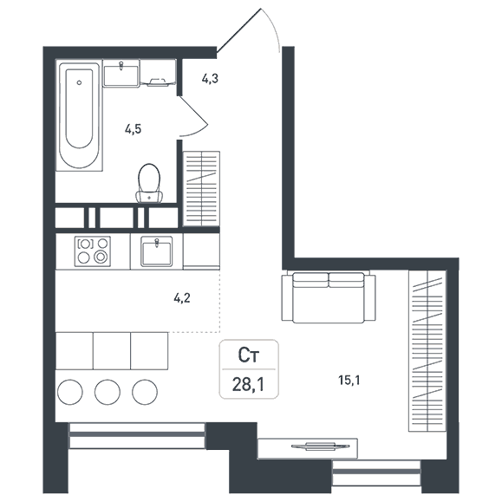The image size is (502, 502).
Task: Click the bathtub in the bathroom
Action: pos(80,115)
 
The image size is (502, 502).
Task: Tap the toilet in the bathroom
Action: pos(149,184)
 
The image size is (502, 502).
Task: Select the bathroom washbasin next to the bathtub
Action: pos(121,74)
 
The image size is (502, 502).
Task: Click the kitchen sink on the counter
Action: pos(157,251)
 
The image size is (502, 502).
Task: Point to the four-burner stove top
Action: pos(93,251)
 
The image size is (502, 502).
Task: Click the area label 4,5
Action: pos(134,129)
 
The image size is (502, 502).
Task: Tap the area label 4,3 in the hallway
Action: pos(210,78)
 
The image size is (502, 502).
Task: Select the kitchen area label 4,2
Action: pos(182,298)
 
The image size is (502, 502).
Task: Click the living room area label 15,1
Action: pos(349,380)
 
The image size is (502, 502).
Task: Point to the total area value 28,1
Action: pos(249,384)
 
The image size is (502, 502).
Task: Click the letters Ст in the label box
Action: pos(249,355)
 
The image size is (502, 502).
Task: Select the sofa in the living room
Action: pos(329,297)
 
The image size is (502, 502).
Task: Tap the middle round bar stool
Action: pos(108,392)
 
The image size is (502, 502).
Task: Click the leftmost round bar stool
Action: pos(70,392)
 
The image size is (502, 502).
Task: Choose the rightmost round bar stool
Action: pos(145,392)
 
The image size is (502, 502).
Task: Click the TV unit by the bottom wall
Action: pos(308,448)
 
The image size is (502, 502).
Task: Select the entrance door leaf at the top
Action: pos(238,30)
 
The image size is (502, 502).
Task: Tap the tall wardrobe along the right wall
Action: pos(427,351)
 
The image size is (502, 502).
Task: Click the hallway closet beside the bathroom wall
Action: pos(201,189)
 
